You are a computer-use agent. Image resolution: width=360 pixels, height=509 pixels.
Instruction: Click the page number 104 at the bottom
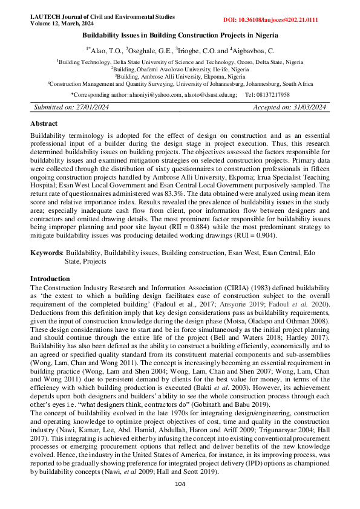click(180, 484)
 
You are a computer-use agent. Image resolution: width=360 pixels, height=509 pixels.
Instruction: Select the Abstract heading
click(44, 123)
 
